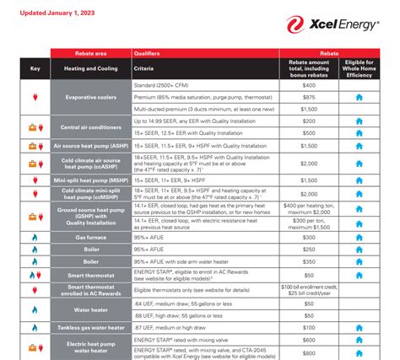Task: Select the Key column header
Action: pos(35,69)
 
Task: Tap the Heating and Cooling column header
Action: pos(90,69)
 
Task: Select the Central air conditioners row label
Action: pos(90,127)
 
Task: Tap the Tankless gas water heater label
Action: pos(90,326)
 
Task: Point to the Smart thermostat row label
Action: pos(90,274)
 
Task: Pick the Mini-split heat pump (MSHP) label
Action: pos(90,180)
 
